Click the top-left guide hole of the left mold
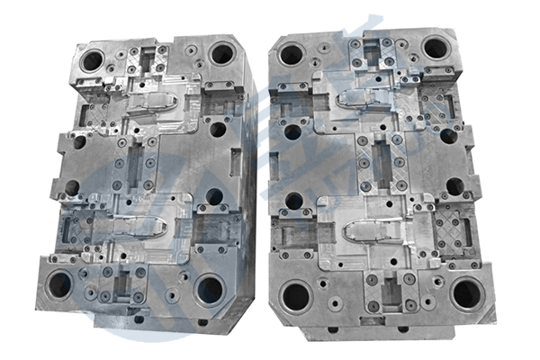pos(92,62)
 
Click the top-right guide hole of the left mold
pos(221,55)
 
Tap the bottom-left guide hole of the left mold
pos(60,286)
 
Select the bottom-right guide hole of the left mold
pos(210,289)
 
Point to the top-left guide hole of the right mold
pos(292,55)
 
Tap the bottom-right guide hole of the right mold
pos(467,293)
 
